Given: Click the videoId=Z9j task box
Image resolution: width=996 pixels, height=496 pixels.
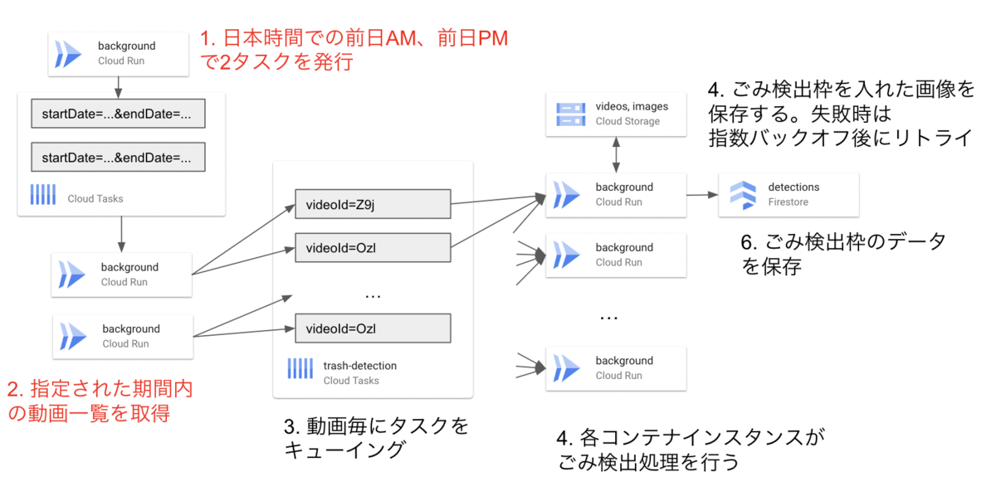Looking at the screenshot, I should pyautogui.click(x=372, y=205).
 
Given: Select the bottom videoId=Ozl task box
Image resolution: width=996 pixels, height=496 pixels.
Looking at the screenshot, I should pyautogui.click(x=372, y=328).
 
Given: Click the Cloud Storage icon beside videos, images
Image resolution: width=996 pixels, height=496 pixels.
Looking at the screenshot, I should pyautogui.click(x=570, y=114).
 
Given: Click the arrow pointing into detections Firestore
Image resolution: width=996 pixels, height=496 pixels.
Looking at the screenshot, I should pyautogui.click(x=702, y=195).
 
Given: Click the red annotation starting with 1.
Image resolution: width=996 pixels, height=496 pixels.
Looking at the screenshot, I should pyautogui.click(x=354, y=50).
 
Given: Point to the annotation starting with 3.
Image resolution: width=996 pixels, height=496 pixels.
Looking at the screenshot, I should pyautogui.click(x=376, y=438).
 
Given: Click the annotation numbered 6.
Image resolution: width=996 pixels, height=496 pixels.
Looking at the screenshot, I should pyautogui.click(x=842, y=255).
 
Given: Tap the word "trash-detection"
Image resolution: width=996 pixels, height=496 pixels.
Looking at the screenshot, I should pyautogui.click(x=359, y=365).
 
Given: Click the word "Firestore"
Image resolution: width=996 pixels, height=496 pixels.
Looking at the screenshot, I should pyautogui.click(x=788, y=202).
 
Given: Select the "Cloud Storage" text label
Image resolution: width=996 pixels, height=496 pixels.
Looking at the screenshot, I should pyautogui.click(x=627, y=121).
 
